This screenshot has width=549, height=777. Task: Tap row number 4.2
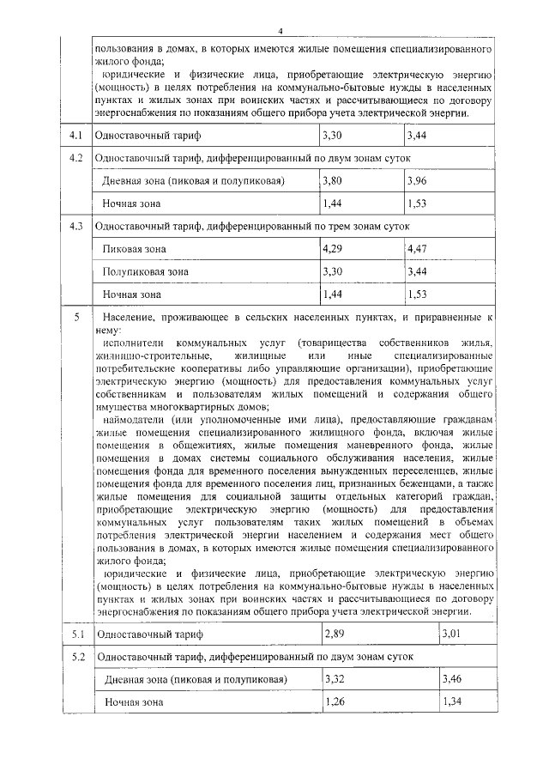tap(75, 159)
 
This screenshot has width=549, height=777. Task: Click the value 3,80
tap(333, 181)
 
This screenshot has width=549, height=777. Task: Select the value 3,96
tap(418, 181)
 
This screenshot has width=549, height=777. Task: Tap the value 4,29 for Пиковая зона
tap(333, 248)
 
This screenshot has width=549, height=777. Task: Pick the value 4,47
tap(418, 248)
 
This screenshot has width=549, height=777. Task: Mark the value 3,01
tap(452, 634)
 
